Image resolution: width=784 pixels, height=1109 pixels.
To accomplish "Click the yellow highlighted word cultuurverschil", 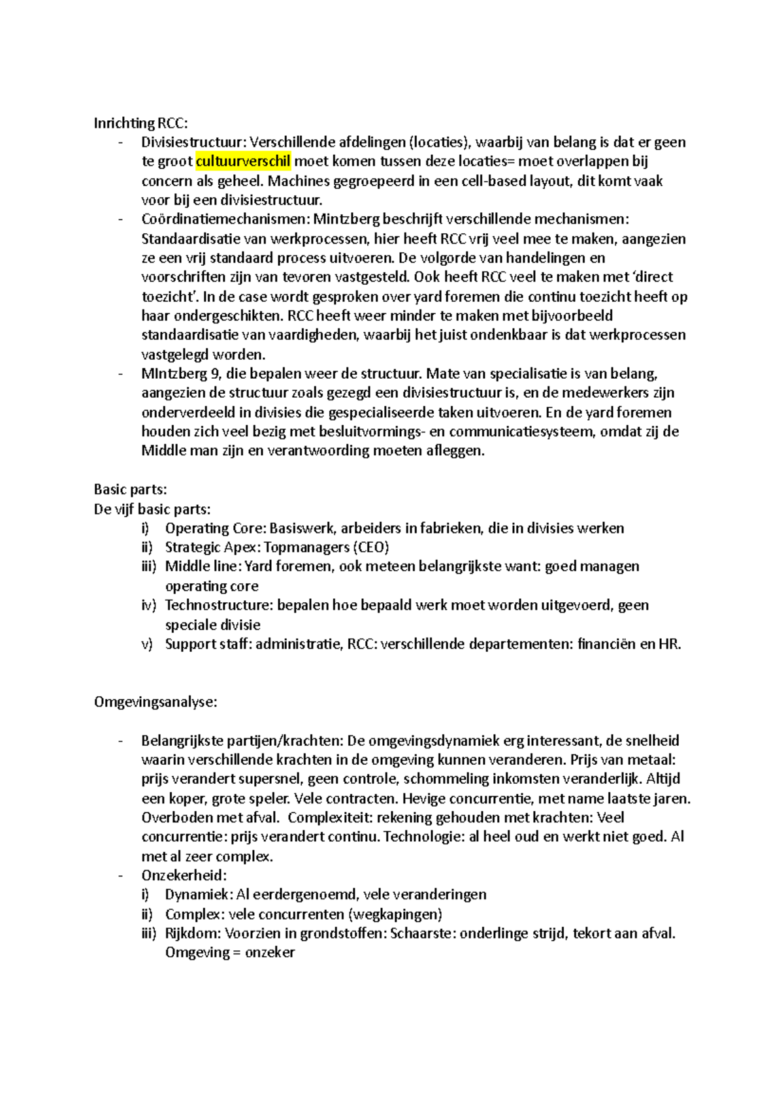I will [x=243, y=161].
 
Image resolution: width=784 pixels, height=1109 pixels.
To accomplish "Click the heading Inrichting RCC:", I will [x=140, y=123].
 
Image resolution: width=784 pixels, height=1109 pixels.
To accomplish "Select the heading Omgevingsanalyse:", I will [x=155, y=701].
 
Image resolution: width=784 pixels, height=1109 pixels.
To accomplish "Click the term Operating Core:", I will [x=216, y=528].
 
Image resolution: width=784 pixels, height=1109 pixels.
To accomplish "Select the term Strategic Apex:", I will [x=212, y=547].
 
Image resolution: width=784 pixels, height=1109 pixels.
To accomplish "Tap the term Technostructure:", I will [x=219, y=605].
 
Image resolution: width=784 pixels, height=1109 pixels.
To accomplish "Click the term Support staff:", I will [x=208, y=644].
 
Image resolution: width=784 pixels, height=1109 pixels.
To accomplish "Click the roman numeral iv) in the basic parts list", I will [x=148, y=605].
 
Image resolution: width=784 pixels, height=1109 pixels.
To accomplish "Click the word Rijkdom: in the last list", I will [x=193, y=933].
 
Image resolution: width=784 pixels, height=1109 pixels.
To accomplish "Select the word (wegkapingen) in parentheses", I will [x=395, y=914].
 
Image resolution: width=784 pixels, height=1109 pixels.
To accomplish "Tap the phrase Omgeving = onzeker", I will [x=229, y=952].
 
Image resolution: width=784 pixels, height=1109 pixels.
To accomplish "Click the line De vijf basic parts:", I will [x=152, y=509].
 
